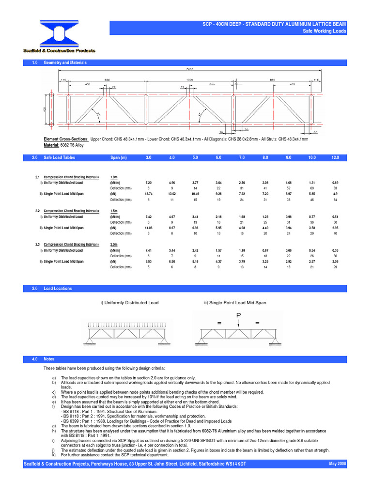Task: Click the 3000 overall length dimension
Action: point(186,69)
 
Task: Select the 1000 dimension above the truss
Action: point(189,79)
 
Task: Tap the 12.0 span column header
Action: point(335,158)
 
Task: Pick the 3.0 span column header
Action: point(149,158)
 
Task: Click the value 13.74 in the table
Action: point(149,194)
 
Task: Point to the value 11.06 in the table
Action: point(149,228)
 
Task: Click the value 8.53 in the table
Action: point(149,262)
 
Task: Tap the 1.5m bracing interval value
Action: point(115,211)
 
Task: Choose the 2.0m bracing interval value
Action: point(115,245)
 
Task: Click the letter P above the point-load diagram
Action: point(238,315)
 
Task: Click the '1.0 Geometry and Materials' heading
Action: point(65,63)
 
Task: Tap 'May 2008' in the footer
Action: point(338,464)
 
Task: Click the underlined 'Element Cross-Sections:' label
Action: point(66,139)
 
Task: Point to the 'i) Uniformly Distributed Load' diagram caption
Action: point(129,303)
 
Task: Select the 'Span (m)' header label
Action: point(118,158)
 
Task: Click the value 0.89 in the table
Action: point(335,183)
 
